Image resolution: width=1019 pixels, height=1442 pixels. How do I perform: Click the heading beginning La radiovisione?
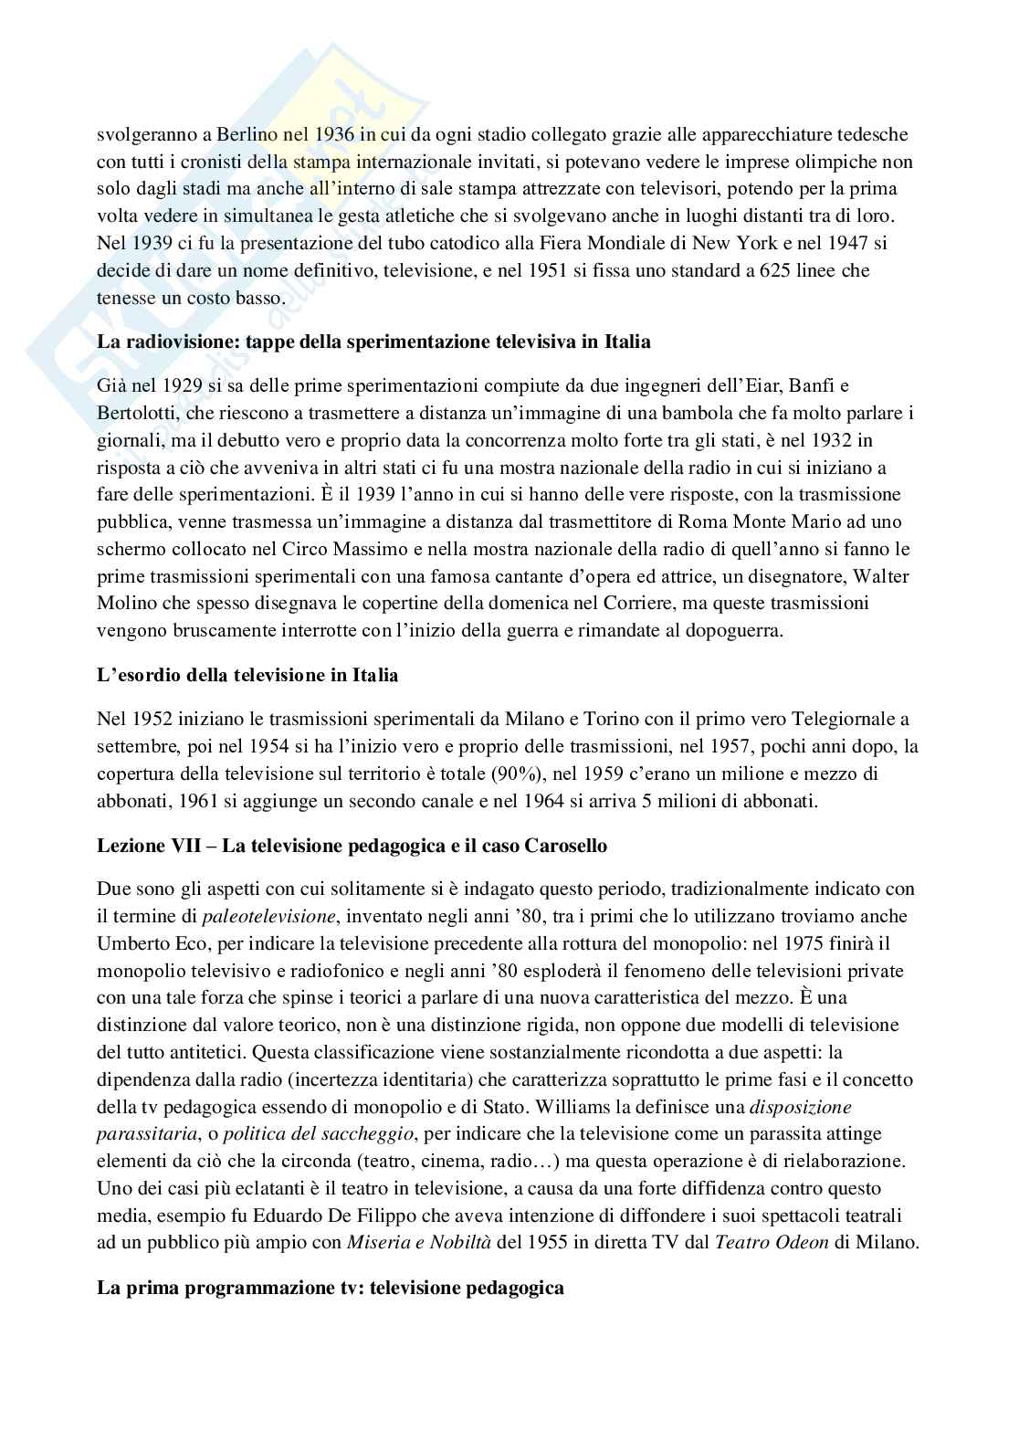pyautogui.click(x=373, y=342)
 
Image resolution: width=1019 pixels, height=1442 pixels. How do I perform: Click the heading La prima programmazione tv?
pyautogui.click(x=330, y=1289)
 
